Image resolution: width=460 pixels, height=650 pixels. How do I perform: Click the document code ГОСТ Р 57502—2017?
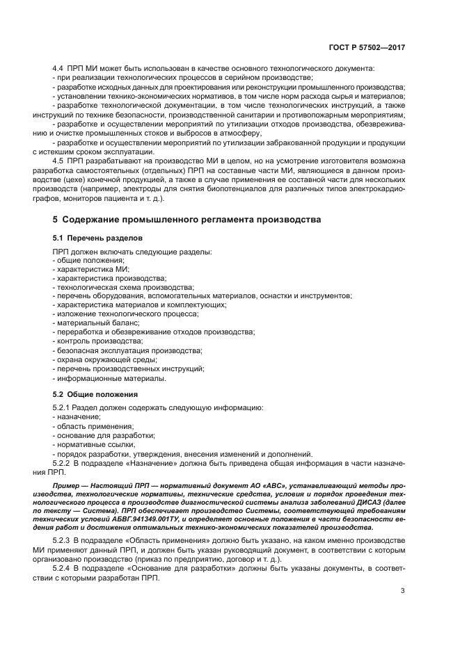(x=367, y=49)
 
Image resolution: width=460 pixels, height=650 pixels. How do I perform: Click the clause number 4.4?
(x=58, y=68)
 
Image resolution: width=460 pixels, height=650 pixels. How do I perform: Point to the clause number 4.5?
(x=58, y=160)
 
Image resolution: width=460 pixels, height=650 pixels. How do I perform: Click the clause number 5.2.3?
(x=63, y=540)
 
